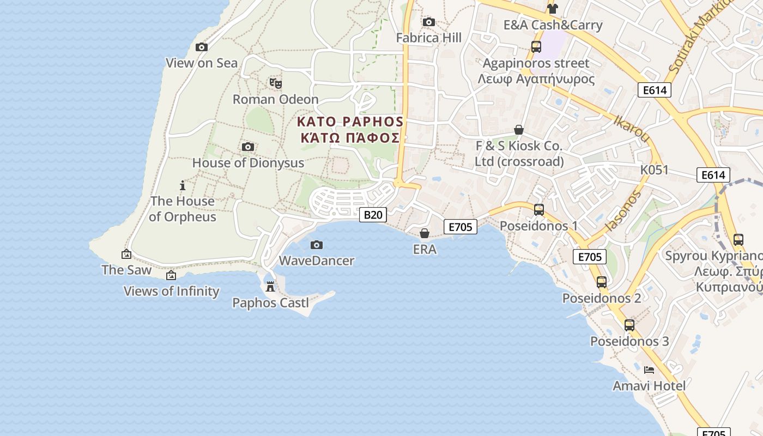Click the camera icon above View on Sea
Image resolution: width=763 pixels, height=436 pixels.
(202, 47)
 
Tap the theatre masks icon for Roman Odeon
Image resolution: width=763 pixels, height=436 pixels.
(276, 83)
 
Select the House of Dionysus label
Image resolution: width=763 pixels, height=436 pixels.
(248, 162)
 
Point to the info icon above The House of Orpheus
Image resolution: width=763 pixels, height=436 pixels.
(183, 186)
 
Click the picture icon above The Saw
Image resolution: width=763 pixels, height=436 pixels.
(126, 254)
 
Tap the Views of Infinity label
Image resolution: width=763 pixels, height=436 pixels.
(171, 291)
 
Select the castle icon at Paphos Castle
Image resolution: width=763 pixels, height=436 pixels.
(270, 287)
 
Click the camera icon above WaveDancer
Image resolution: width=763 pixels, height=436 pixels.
(317, 245)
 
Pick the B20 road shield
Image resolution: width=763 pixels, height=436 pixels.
(373, 215)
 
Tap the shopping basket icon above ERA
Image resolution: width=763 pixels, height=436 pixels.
(425, 234)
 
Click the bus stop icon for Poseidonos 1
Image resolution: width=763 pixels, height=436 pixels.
(539, 210)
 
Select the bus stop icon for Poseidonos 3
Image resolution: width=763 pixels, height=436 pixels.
(629, 325)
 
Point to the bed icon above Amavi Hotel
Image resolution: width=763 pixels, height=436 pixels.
(649, 370)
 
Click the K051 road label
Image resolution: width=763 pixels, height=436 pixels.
(654, 170)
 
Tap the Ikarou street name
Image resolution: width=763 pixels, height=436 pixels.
(632, 129)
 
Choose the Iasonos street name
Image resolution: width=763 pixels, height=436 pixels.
(623, 210)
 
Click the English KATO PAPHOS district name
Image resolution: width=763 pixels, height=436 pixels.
(350, 121)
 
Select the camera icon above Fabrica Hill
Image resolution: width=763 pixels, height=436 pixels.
(429, 22)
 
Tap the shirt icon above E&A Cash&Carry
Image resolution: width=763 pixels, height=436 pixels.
(553, 9)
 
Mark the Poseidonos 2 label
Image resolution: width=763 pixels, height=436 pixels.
(602, 298)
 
